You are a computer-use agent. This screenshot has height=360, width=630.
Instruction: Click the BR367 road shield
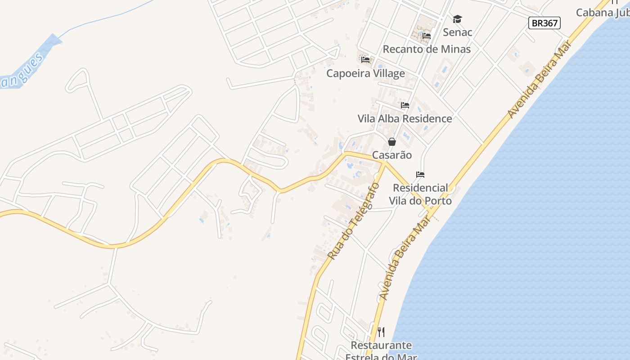(544, 23)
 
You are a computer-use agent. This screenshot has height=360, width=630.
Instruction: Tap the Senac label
(457, 32)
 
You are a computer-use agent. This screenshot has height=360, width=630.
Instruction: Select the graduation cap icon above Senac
(457, 19)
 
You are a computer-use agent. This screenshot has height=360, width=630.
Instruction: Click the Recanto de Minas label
(427, 49)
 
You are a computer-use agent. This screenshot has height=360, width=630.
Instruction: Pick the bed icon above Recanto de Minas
(427, 36)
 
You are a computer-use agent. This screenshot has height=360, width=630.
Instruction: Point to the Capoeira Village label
(365, 73)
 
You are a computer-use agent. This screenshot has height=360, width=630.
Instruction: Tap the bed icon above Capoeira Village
(365, 59)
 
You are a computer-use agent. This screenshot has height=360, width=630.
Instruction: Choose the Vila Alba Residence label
(405, 119)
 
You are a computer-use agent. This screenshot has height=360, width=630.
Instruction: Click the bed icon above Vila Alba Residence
(405, 105)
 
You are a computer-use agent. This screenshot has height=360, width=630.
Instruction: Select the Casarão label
(391, 155)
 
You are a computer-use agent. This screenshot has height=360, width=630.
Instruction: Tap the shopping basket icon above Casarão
(392, 142)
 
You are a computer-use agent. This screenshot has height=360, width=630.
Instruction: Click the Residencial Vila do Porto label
(422, 194)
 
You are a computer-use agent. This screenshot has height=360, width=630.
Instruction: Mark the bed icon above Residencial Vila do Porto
(420, 175)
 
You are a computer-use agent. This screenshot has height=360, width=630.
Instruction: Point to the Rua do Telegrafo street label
(354, 221)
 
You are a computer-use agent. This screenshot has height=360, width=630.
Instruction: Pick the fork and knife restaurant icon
(381, 332)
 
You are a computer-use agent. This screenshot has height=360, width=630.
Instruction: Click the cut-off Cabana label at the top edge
(603, 12)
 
